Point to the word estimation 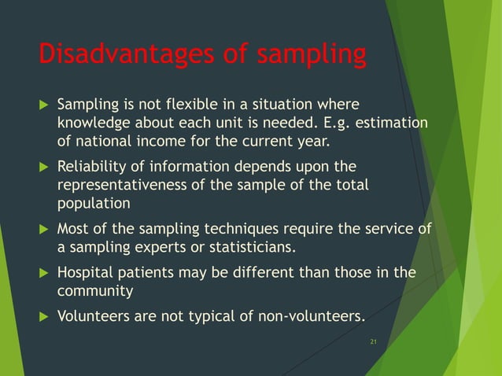pyautogui.click(x=391, y=123)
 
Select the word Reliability pyautogui.click(x=92, y=167)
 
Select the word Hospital pyautogui.click(x=83, y=273)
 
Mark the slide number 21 pyautogui.click(x=373, y=341)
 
